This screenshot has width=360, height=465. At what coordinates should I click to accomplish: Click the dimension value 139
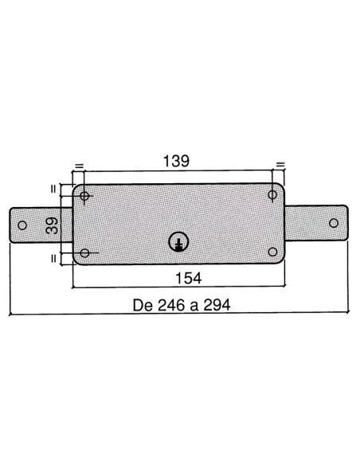click(176, 161)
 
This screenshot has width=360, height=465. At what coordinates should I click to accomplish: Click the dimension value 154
click(189, 278)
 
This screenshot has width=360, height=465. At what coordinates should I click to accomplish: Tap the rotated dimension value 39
click(53, 225)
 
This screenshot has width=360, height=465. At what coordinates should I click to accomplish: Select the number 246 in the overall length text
click(170, 305)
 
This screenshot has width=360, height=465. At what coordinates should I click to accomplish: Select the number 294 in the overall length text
click(217, 305)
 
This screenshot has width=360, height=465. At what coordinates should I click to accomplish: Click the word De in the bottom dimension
click(143, 305)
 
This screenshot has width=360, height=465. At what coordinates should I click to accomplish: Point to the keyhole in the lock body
click(178, 242)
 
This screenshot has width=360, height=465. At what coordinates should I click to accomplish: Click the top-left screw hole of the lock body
click(84, 196)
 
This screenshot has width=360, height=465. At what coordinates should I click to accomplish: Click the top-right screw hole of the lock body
click(272, 195)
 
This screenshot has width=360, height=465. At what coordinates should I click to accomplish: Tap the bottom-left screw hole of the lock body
click(84, 253)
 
